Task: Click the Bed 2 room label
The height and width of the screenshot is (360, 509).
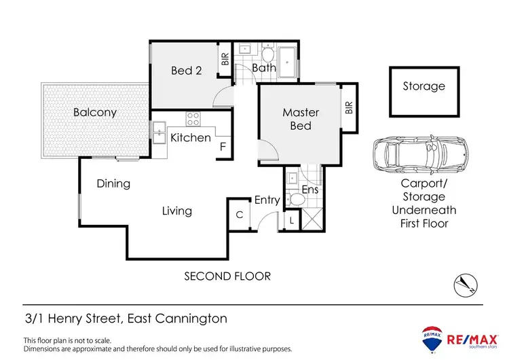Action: click(x=181, y=70)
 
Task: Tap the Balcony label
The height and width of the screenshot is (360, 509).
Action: click(x=95, y=112)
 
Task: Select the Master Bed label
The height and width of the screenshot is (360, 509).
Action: click(x=301, y=119)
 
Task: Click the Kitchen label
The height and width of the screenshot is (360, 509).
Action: click(x=190, y=138)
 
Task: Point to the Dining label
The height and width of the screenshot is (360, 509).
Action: click(x=113, y=183)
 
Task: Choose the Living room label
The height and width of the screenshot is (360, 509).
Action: click(x=176, y=211)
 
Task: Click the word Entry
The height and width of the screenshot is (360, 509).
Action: click(x=267, y=200)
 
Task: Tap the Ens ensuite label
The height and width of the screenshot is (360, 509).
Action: click(x=309, y=190)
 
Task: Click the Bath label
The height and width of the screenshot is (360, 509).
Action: click(x=264, y=68)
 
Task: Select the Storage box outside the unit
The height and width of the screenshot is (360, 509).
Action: click(x=423, y=91)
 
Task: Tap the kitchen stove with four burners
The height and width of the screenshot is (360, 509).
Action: click(x=193, y=120)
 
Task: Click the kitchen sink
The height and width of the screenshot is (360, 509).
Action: click(x=159, y=133)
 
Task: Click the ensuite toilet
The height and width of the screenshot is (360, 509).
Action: click(x=294, y=200)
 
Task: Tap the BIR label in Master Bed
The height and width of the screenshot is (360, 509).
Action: click(x=349, y=107)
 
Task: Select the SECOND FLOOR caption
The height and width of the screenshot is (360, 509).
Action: click(x=227, y=276)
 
